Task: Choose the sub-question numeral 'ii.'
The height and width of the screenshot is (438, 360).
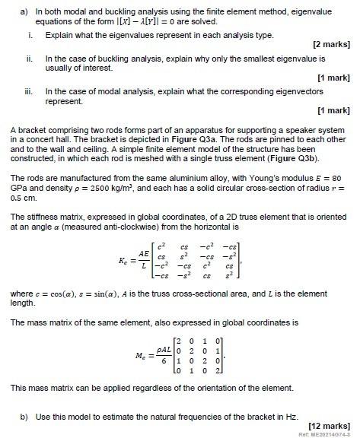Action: [x=29, y=58]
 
